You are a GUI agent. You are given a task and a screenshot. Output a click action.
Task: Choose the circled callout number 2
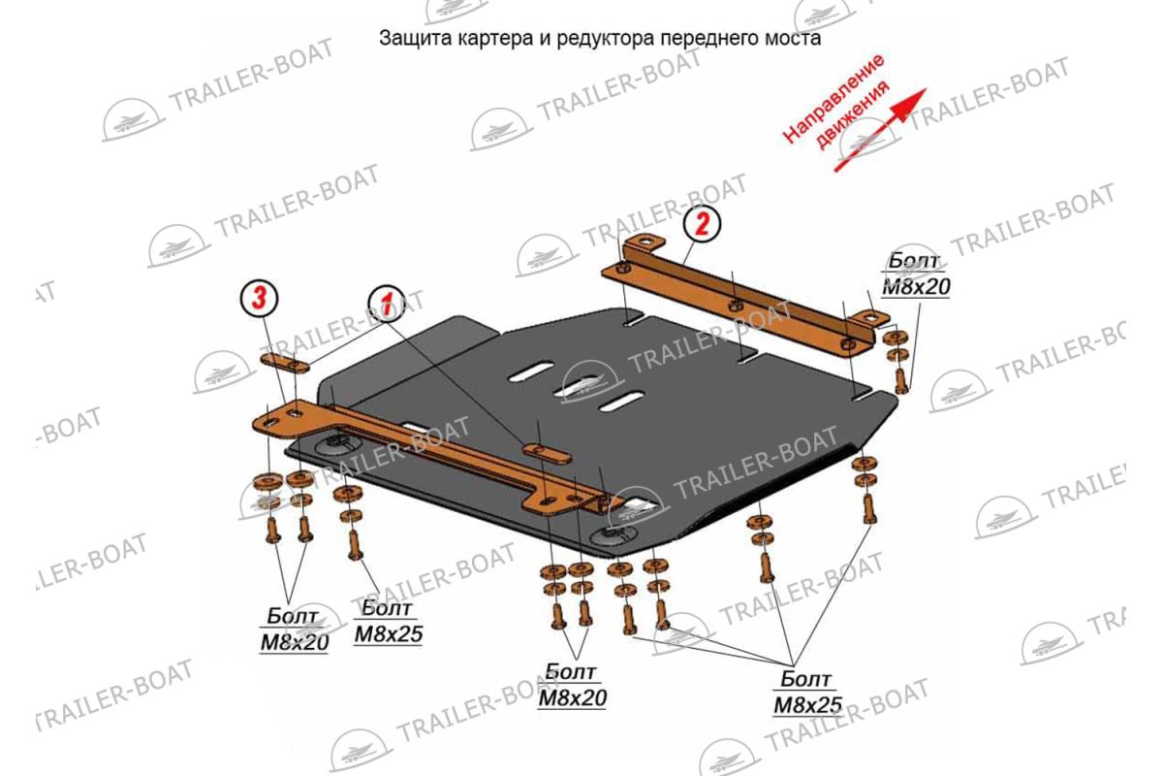702,224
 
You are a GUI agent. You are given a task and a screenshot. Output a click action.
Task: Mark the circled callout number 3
259,299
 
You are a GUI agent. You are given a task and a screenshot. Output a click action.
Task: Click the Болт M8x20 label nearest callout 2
916,275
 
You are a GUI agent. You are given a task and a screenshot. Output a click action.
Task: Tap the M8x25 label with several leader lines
808,694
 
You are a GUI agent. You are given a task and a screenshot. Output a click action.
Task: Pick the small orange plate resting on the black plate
547,454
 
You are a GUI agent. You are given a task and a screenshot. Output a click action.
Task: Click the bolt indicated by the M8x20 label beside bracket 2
901,380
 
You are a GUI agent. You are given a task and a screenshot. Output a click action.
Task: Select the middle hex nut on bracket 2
734,306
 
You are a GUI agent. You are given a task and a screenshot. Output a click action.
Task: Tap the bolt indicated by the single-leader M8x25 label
355,545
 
